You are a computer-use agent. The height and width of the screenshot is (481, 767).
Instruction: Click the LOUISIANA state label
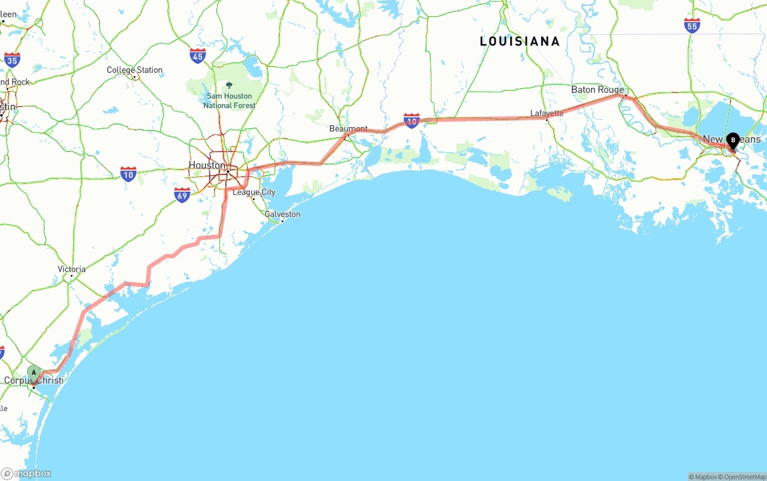[x=520, y=41]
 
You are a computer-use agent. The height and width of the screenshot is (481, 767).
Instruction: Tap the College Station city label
[x=134, y=70]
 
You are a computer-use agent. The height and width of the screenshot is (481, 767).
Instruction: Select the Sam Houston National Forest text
[x=230, y=101]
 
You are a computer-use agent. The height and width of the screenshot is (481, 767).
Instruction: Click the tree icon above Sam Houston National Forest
[x=229, y=85]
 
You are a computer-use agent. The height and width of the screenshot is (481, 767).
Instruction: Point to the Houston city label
[x=207, y=165]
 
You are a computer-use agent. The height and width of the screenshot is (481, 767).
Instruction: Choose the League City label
[x=253, y=192]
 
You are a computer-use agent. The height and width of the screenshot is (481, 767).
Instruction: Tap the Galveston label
[x=282, y=214]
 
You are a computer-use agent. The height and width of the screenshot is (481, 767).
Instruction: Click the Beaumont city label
[x=348, y=129]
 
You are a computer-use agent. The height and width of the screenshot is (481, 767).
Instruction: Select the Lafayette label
[x=546, y=113]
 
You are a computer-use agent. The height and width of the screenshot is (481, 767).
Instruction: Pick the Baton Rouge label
[x=597, y=90]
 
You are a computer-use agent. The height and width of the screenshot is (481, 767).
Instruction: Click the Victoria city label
[x=71, y=269]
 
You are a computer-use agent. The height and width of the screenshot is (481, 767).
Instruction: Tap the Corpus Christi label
[x=34, y=380]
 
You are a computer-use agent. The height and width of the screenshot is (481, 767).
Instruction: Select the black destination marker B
[x=733, y=140]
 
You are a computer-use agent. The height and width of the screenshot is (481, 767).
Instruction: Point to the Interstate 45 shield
[x=198, y=56]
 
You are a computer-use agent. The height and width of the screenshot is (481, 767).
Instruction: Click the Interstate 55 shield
[x=692, y=25]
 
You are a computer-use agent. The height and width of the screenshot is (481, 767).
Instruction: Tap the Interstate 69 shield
[x=182, y=195]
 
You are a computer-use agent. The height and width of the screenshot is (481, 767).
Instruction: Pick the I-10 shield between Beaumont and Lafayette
[x=411, y=121]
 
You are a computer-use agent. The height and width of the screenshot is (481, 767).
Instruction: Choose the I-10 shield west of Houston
[x=128, y=174]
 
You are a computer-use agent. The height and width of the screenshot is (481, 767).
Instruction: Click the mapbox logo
[x=26, y=473]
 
